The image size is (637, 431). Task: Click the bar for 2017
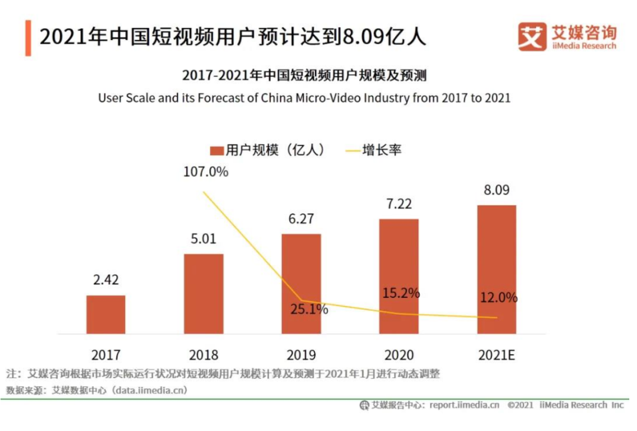point(106,314)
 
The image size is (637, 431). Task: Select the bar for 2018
point(203,294)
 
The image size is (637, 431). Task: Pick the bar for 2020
point(399,276)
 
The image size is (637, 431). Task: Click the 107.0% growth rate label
point(205,172)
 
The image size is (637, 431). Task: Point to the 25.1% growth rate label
point(308,309)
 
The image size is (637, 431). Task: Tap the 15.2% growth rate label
point(400,292)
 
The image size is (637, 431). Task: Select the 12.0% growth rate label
point(498,298)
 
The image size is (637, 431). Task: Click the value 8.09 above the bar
point(496,190)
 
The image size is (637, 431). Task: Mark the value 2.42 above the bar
point(106,280)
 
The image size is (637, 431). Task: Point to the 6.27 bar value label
point(301,219)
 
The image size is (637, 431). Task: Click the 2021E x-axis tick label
point(496,355)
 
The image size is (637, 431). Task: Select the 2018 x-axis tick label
point(203,355)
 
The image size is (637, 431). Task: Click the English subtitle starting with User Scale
point(304,98)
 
